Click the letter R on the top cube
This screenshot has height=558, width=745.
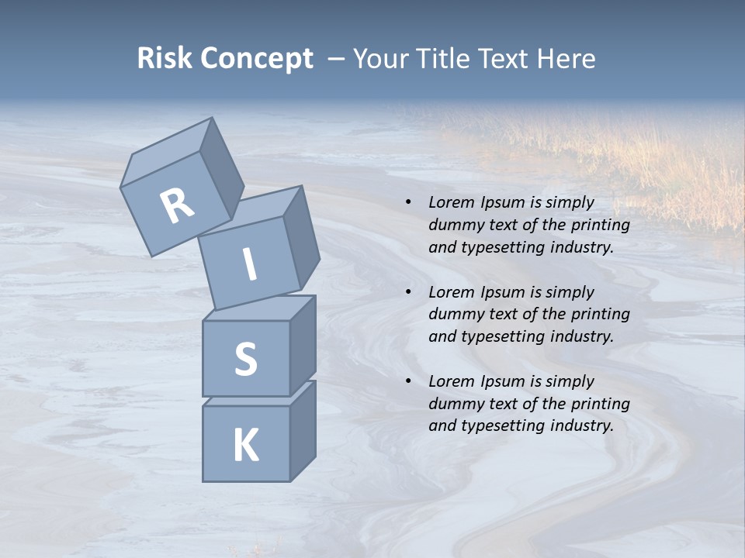(x=178, y=206)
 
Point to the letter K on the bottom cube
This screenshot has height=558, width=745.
(x=245, y=446)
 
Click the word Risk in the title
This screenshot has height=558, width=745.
(x=165, y=59)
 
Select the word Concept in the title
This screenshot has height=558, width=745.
(x=257, y=59)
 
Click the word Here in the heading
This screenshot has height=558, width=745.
(x=566, y=59)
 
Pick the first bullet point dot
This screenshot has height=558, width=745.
(x=409, y=203)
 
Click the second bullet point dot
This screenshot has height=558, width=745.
(x=409, y=292)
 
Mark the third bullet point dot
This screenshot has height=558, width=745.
(x=409, y=381)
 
